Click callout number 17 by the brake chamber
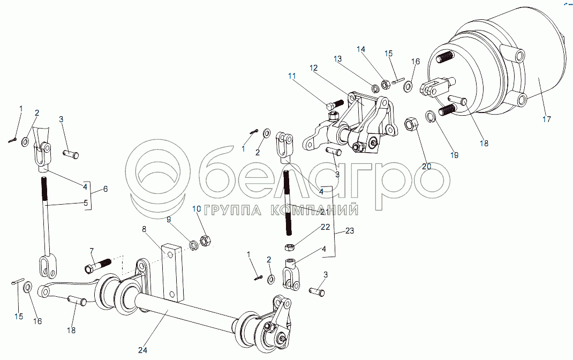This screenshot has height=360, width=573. [547, 119]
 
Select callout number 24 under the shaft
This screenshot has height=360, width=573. [142, 350]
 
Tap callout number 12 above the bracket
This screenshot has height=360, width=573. [313, 68]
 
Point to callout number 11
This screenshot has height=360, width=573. [292, 76]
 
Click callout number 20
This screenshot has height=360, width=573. [426, 166]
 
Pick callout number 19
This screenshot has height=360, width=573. [454, 155]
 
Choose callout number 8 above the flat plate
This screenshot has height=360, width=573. [145, 229]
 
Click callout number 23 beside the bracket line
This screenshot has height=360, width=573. [350, 231]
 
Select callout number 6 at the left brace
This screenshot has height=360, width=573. [105, 189]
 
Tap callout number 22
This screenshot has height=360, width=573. [325, 227]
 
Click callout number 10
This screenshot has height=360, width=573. [197, 209]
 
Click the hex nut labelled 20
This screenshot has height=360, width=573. [411, 124]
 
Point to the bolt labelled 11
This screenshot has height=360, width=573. [335, 105]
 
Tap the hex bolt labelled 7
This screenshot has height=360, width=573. [97, 266]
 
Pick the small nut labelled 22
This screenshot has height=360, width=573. [289, 247]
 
